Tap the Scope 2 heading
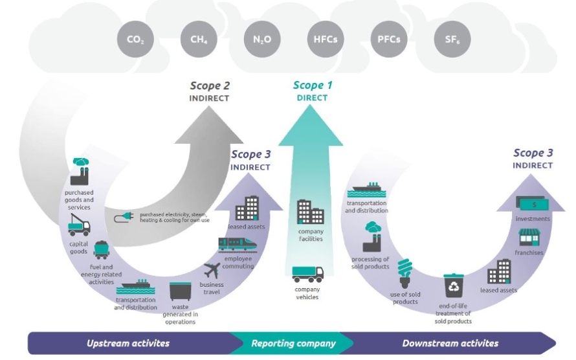[210, 85]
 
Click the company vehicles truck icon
[307, 274]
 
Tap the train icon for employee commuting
[236, 244]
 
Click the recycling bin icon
[453, 286]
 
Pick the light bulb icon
[406, 273]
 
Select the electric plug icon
[124, 218]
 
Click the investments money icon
[532, 204]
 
